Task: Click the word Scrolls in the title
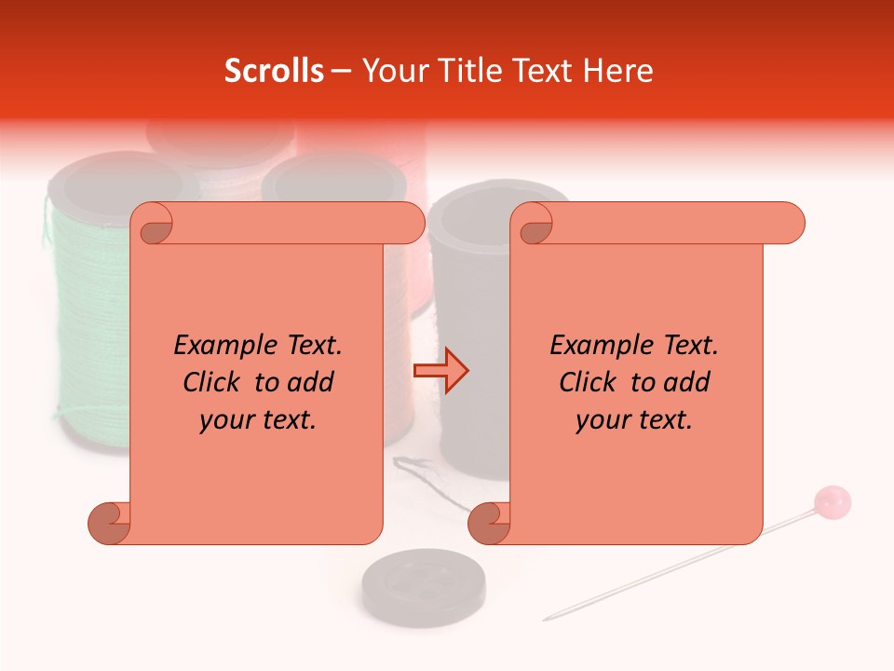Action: (x=274, y=71)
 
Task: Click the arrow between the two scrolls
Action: (x=440, y=371)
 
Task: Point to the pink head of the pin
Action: (x=832, y=503)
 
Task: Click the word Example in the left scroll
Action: (x=218, y=346)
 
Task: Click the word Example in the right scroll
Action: (x=594, y=346)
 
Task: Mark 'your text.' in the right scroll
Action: (x=634, y=420)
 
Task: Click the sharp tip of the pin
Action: (x=547, y=618)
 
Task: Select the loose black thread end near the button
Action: (x=410, y=465)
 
